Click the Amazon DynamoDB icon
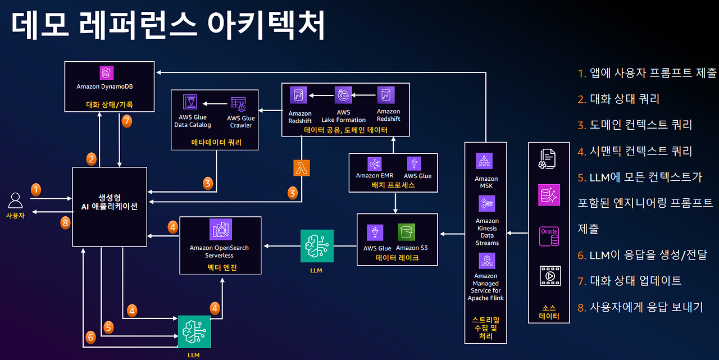pyautogui.click(x=106, y=73)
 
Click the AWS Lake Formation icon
pyautogui.click(x=343, y=95)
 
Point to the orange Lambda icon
pyautogui.click(x=302, y=167)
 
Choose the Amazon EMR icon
pyautogui.click(x=374, y=164)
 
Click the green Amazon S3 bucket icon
pyautogui.click(x=406, y=233)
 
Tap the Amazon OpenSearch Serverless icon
pyautogui.click(x=220, y=229)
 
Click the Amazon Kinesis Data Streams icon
pyautogui.click(x=486, y=203)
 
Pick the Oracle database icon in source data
pyautogui.click(x=549, y=236)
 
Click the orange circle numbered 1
pyautogui.click(x=36, y=189)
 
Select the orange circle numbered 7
pyautogui.click(x=127, y=121)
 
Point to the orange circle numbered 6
pyautogui.click(x=90, y=337)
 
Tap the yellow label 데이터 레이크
pyautogui.click(x=398, y=258)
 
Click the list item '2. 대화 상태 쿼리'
pyautogui.click(x=618, y=99)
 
